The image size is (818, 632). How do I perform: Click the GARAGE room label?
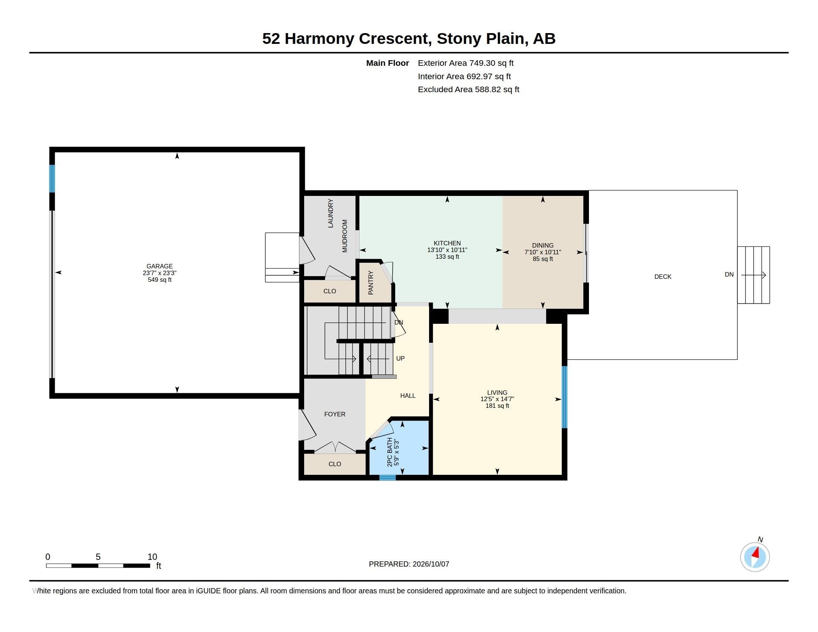(x=160, y=266)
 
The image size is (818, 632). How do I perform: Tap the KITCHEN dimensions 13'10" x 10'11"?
(x=447, y=250)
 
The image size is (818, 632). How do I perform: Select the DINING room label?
(x=543, y=246)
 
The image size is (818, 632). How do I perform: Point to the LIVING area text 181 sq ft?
(x=497, y=406)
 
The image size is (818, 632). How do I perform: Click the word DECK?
(x=663, y=277)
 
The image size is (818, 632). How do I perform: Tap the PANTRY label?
(x=371, y=283)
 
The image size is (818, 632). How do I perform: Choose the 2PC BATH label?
(x=390, y=452)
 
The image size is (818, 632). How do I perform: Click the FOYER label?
(x=335, y=414)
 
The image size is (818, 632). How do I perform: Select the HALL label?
(x=408, y=396)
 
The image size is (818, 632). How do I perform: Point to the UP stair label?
(x=400, y=358)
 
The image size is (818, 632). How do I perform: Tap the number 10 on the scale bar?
(x=152, y=557)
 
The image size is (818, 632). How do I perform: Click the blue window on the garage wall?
(x=52, y=178)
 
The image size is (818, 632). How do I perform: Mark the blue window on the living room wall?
(x=564, y=397)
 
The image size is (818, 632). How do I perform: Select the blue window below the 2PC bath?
(x=388, y=477)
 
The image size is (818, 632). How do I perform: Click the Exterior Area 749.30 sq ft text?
(x=466, y=63)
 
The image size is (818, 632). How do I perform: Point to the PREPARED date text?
(x=409, y=564)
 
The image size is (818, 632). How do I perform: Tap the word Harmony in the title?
(x=319, y=39)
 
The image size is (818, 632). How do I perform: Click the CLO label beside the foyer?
(x=335, y=464)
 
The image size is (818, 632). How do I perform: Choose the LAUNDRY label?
(x=330, y=213)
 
